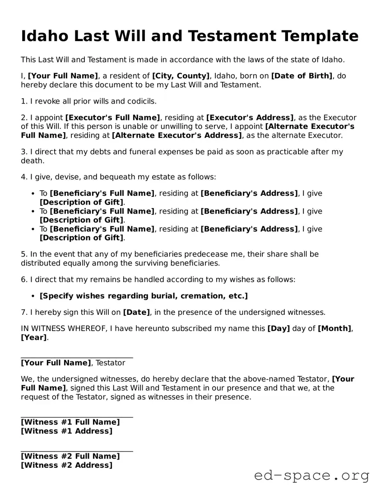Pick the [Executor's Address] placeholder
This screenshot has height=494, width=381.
click(x=250, y=118)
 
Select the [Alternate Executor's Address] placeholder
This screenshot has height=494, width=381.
click(x=177, y=135)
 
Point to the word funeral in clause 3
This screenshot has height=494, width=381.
click(x=138, y=152)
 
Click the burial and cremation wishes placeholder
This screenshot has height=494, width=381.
click(x=144, y=296)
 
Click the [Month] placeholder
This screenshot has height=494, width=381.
click(x=335, y=328)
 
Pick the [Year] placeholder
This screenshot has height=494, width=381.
click(x=34, y=337)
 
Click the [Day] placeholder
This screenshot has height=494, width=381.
click(x=279, y=328)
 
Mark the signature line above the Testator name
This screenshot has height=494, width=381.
click(x=77, y=357)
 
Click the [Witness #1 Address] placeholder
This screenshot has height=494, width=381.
click(x=66, y=431)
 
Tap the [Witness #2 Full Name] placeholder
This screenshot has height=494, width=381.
click(x=70, y=456)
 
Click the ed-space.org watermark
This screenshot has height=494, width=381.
click(x=311, y=475)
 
